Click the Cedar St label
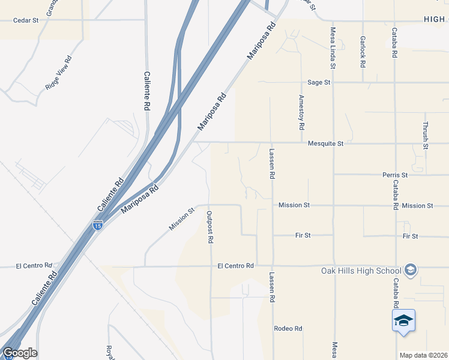[26, 20]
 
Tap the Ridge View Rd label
[58, 73]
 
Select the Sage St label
[319, 82]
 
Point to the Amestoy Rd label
[302, 112]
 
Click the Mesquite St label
[325, 143]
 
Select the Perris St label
[395, 175]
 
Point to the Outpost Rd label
[210, 227]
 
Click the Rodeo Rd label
[288, 329]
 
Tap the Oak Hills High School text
[360, 270]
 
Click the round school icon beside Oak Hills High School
[411, 270]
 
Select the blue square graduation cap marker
[404, 321]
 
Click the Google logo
[20, 353]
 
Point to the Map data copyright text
[423, 355]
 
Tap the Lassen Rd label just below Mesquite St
[272, 164]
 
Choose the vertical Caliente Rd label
[146, 91]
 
